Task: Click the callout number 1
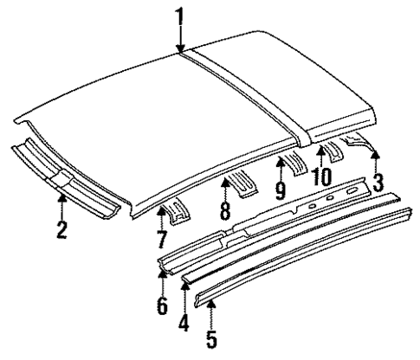coord(179,15)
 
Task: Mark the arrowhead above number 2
coord(61,199)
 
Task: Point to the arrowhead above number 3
coord(375,153)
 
